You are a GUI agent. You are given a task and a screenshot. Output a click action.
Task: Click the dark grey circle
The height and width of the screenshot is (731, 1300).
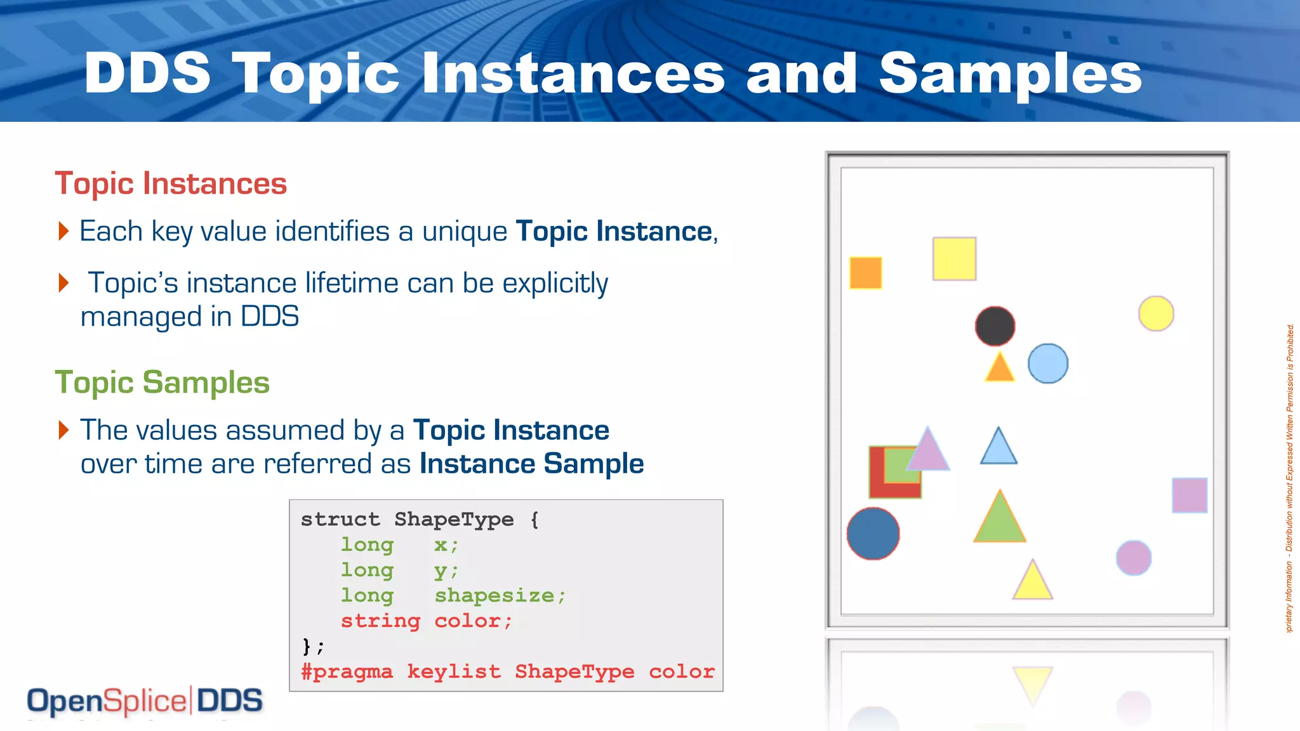pyautogui.click(x=995, y=326)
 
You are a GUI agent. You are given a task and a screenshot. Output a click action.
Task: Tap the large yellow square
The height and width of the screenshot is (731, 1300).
pyautogui.click(x=954, y=259)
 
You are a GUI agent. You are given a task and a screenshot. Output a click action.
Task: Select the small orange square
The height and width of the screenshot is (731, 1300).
pyautogui.click(x=866, y=273)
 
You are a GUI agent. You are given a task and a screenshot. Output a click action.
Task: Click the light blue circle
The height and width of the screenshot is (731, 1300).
pyautogui.click(x=1048, y=364)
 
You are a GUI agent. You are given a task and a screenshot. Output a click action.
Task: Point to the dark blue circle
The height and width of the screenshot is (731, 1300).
pyautogui.click(x=873, y=534)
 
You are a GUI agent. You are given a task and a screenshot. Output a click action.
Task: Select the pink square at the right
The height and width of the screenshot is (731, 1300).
pyautogui.click(x=1190, y=496)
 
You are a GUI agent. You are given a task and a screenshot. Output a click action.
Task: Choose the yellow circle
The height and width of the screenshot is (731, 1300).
pyautogui.click(x=1156, y=313)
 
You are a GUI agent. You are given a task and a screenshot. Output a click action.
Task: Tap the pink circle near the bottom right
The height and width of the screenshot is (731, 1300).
pyautogui.click(x=1134, y=558)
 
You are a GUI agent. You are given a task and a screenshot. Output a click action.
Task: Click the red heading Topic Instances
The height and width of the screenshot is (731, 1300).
pyautogui.click(x=171, y=183)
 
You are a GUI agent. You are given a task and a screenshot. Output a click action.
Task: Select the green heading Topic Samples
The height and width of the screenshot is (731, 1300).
pyautogui.click(x=162, y=383)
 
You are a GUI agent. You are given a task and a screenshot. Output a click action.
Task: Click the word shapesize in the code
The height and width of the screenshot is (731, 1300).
pyautogui.click(x=494, y=595)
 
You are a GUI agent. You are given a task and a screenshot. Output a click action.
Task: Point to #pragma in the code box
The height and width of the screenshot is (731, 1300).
pyautogui.click(x=347, y=671)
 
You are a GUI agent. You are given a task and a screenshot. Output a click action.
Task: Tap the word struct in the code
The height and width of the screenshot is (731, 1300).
pyautogui.click(x=340, y=519)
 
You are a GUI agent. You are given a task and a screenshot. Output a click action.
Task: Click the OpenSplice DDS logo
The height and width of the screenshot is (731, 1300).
pyautogui.click(x=145, y=701)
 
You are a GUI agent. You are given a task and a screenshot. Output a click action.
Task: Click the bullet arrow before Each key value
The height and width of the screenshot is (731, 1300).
pyautogui.click(x=63, y=231)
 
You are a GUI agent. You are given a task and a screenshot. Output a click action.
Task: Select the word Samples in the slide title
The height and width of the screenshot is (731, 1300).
pyautogui.click(x=1011, y=74)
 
